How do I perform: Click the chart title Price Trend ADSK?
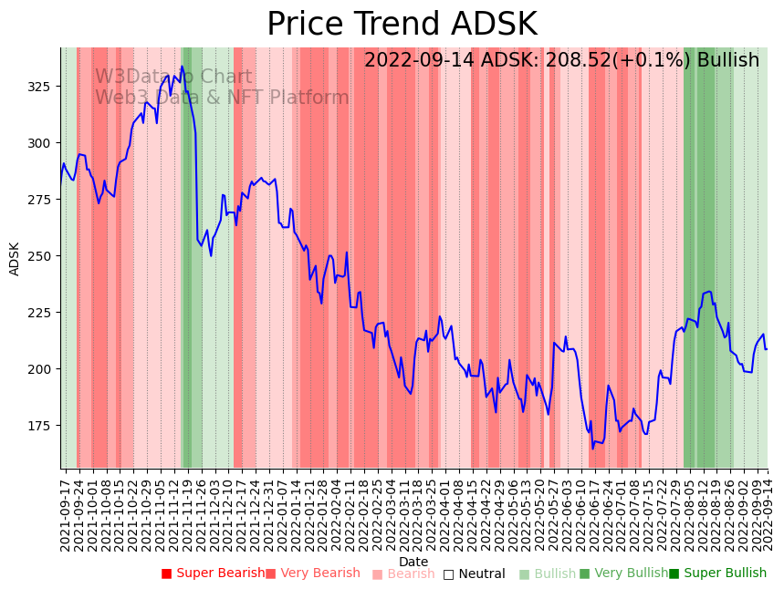coord(402,25)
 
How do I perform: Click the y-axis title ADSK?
coord(15,258)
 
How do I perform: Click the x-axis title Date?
coord(413,562)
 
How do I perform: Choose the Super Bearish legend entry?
coord(213,573)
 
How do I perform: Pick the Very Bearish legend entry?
coord(312,573)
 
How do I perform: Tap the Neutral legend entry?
coord(474,573)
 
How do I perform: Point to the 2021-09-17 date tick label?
coord(66,514)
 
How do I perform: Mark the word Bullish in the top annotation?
coord(728,60)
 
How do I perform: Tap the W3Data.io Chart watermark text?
coord(173,77)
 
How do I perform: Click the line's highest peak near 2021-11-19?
coord(182,67)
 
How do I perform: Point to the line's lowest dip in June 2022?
coord(592,448)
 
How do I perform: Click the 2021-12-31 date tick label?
coord(270,514)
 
